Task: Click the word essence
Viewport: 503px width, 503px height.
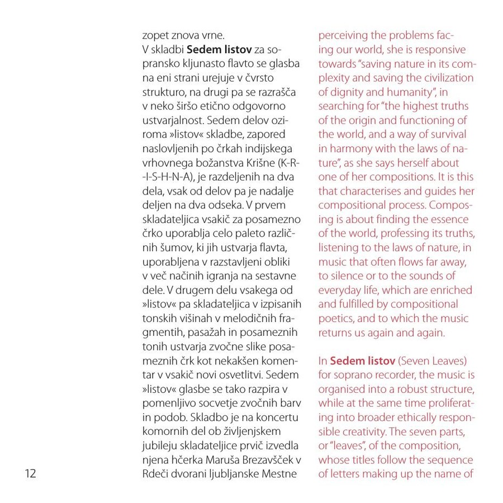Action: point(450,219)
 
